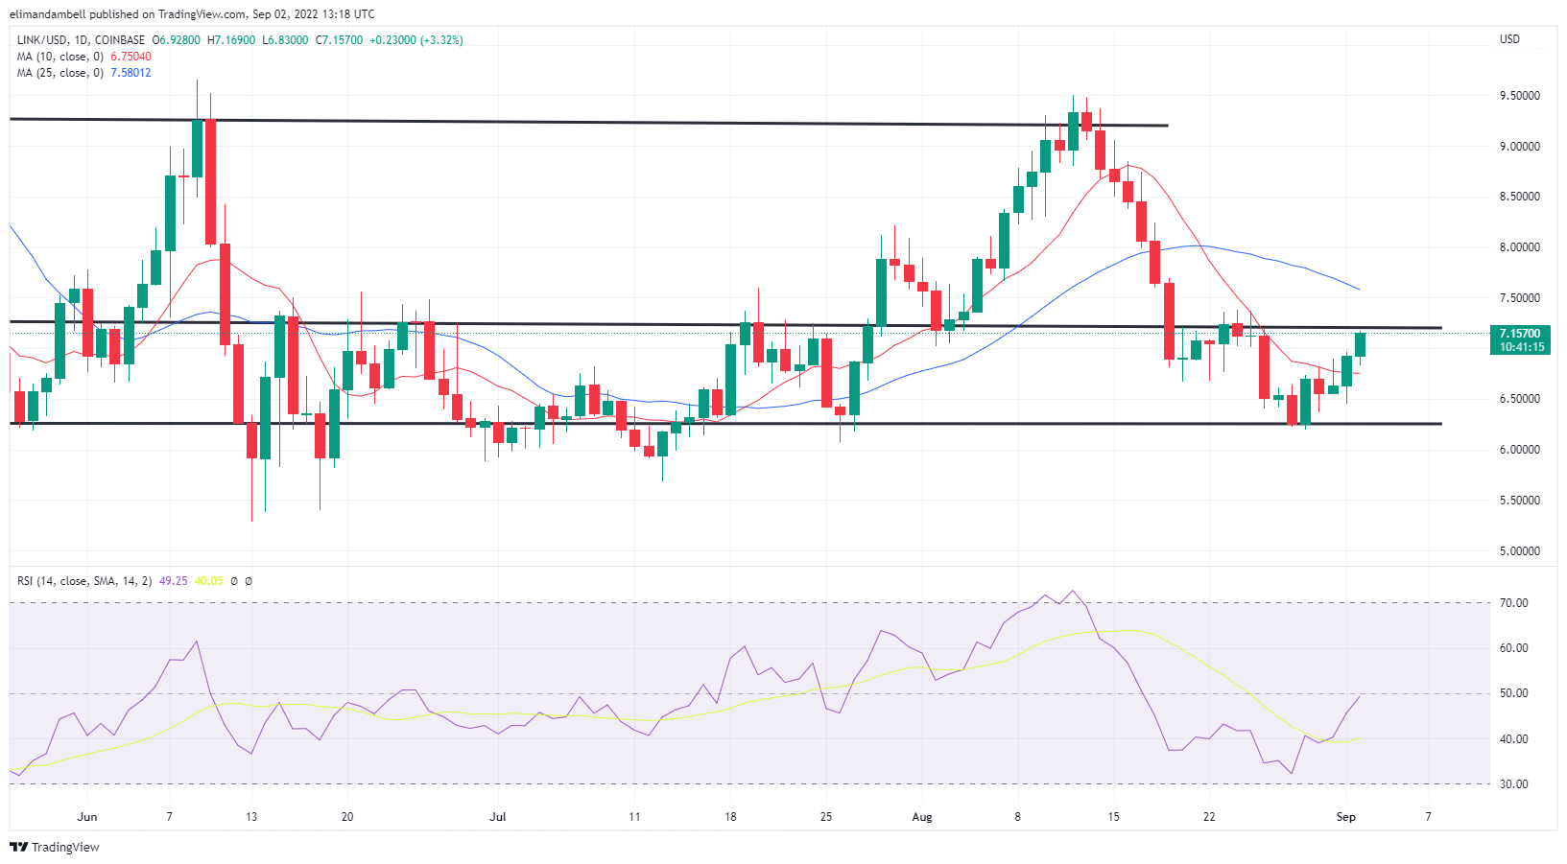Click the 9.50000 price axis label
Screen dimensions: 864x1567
1520,96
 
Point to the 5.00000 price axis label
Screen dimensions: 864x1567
1520,551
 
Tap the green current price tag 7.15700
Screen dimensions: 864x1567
1520,334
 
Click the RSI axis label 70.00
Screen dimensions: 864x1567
1514,603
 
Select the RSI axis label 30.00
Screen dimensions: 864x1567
1514,784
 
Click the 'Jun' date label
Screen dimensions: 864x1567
87,817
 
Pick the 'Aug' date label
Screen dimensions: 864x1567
922,817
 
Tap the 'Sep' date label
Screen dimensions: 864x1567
1346,817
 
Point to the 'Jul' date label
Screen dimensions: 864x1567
497,817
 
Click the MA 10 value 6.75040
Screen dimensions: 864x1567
131,57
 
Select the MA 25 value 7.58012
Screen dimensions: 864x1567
131,73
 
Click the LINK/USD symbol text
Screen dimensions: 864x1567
41,40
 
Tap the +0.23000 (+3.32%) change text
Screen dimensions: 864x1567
415,40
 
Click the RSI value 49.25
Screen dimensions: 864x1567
173,581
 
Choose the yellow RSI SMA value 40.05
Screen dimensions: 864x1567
208,581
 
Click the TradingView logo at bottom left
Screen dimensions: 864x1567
55,847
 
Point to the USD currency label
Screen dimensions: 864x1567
1509,39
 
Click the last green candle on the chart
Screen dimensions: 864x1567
1360,345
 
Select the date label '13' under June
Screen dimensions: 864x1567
251,817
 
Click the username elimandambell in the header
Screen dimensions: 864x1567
46,14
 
